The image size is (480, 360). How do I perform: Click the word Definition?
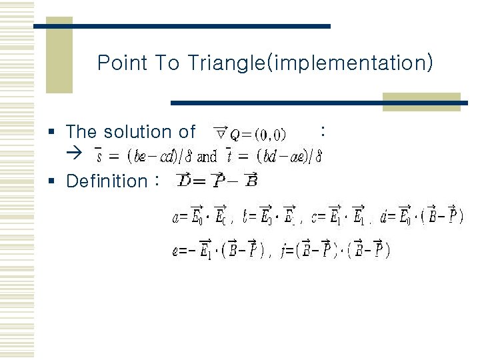(107, 181)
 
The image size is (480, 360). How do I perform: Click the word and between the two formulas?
(207, 158)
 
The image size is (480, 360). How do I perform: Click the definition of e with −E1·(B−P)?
(219, 251)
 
